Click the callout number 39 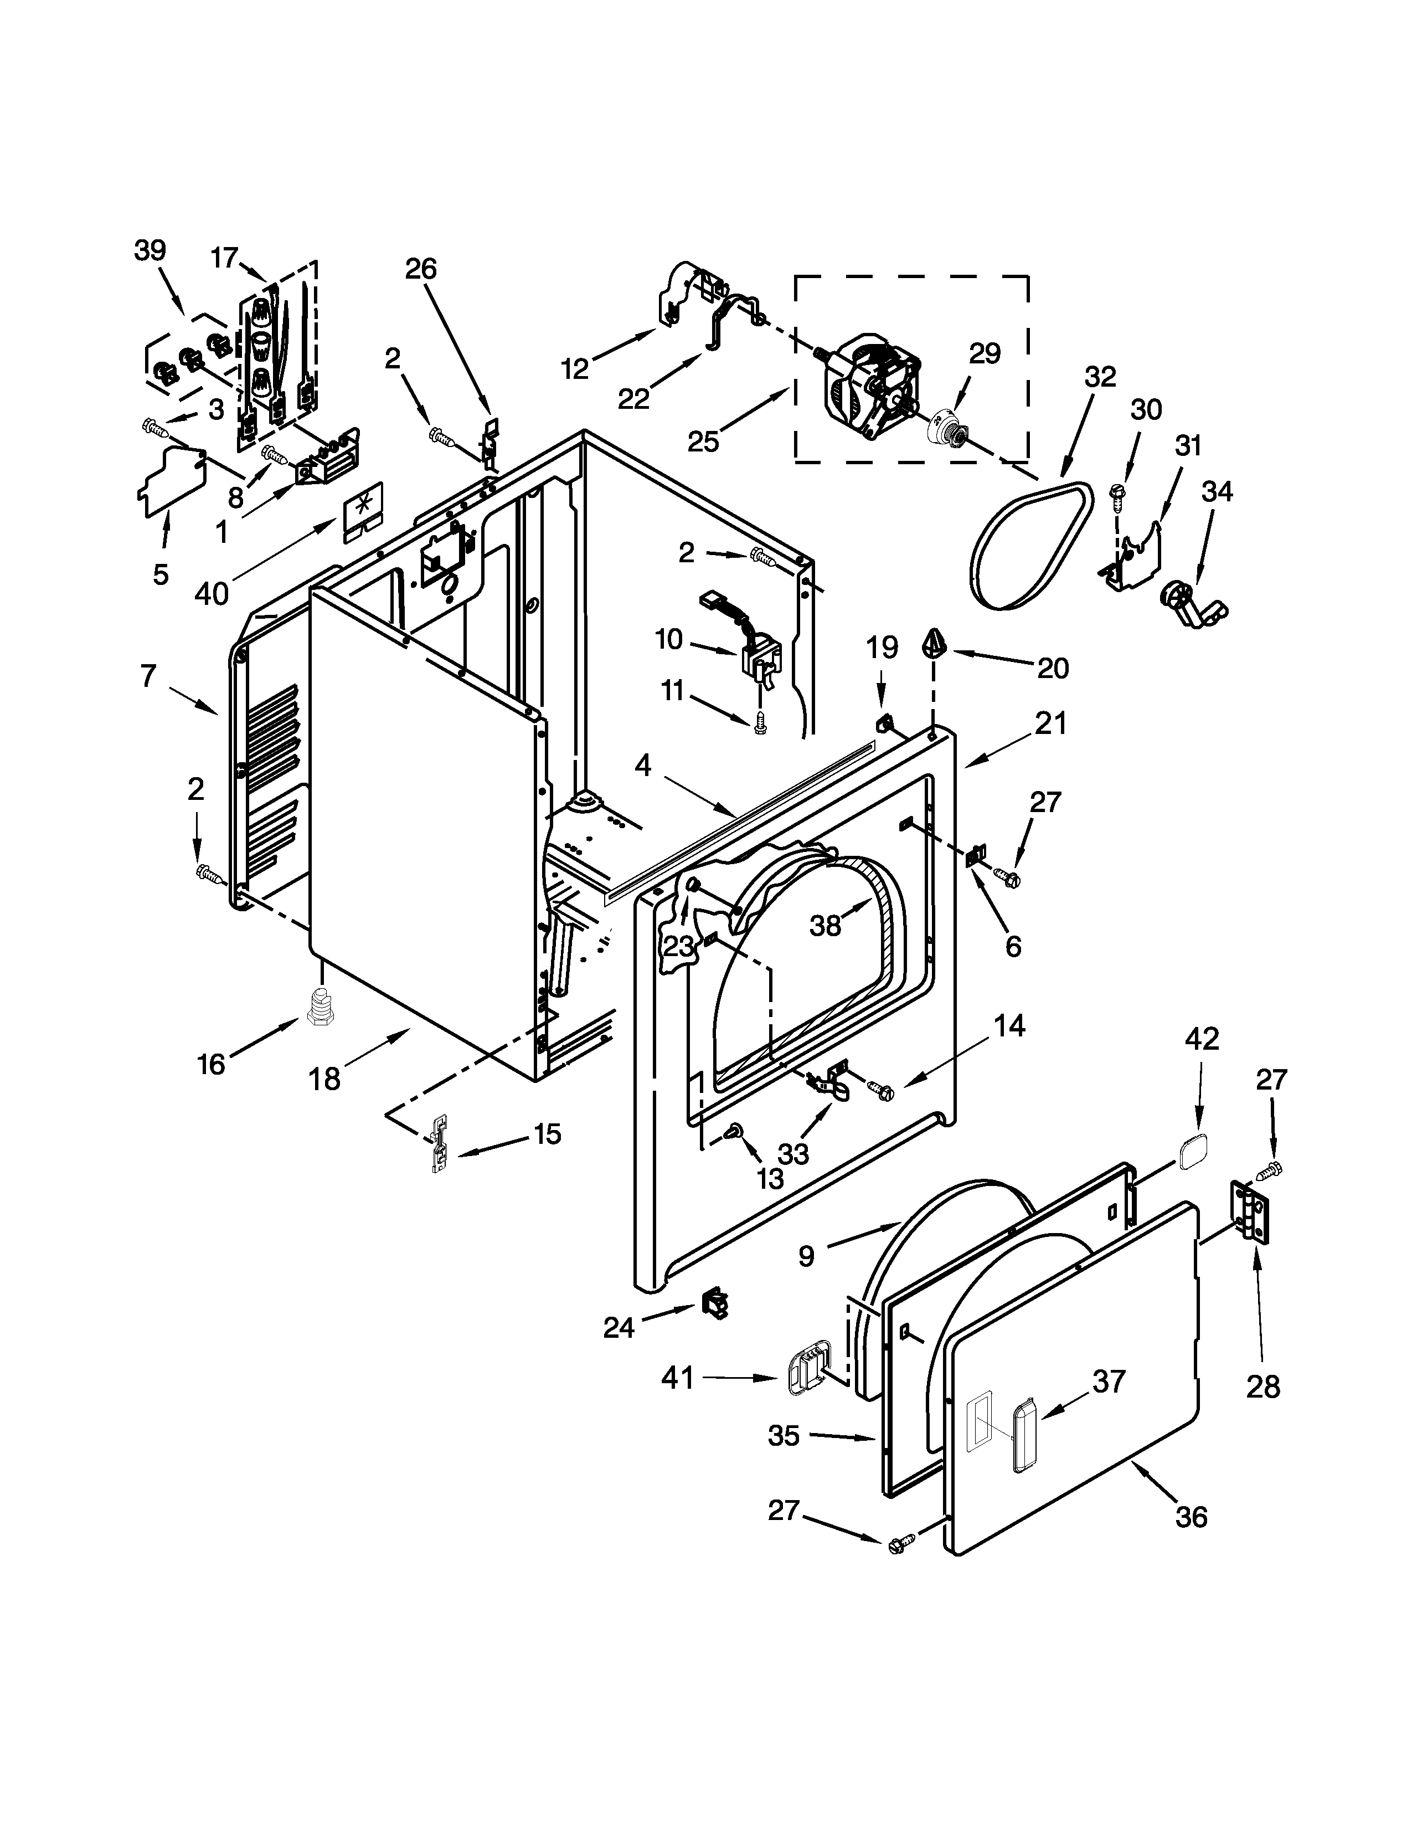(151, 250)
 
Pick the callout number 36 (1191, 1539)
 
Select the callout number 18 (324, 1079)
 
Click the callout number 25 (703, 441)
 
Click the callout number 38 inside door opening (825, 926)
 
